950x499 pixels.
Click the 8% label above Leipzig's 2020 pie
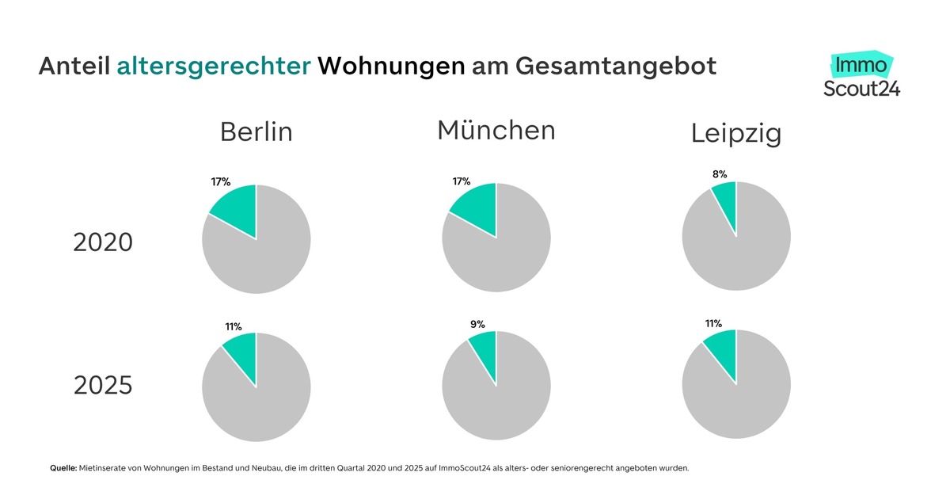click(x=719, y=173)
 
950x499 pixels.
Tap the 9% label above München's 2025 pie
click(x=477, y=323)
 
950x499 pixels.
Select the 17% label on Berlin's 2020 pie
click(x=220, y=181)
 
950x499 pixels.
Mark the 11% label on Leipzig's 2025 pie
click(x=712, y=323)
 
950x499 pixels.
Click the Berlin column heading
click(x=256, y=131)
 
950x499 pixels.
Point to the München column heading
click(x=496, y=130)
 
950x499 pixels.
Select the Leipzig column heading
click(x=735, y=134)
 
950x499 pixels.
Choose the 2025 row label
click(x=103, y=386)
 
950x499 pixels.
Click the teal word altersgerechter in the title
click(x=214, y=66)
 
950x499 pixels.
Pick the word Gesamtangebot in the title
click(x=616, y=66)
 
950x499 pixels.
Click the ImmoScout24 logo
click(x=861, y=76)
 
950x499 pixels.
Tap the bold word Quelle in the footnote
click(x=63, y=468)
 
